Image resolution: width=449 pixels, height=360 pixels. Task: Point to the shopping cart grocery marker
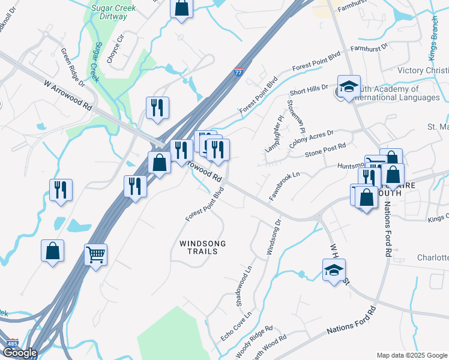pyautogui.click(x=95, y=254)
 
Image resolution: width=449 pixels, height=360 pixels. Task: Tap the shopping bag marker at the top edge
pyautogui.click(x=181, y=8)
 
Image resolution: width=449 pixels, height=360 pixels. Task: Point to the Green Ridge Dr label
pyautogui.click(x=73, y=66)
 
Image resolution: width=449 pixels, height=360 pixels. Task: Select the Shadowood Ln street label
pyautogui.click(x=244, y=287)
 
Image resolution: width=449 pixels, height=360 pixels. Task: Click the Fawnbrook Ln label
pyautogui.click(x=284, y=186)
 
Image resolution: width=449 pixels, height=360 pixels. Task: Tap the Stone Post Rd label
pyautogui.click(x=325, y=149)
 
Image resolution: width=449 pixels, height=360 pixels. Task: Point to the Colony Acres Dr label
pyautogui.click(x=311, y=137)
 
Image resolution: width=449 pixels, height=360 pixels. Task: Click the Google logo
pyautogui.click(x=20, y=353)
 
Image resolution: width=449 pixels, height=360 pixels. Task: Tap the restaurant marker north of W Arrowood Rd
pyautogui.click(x=157, y=108)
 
